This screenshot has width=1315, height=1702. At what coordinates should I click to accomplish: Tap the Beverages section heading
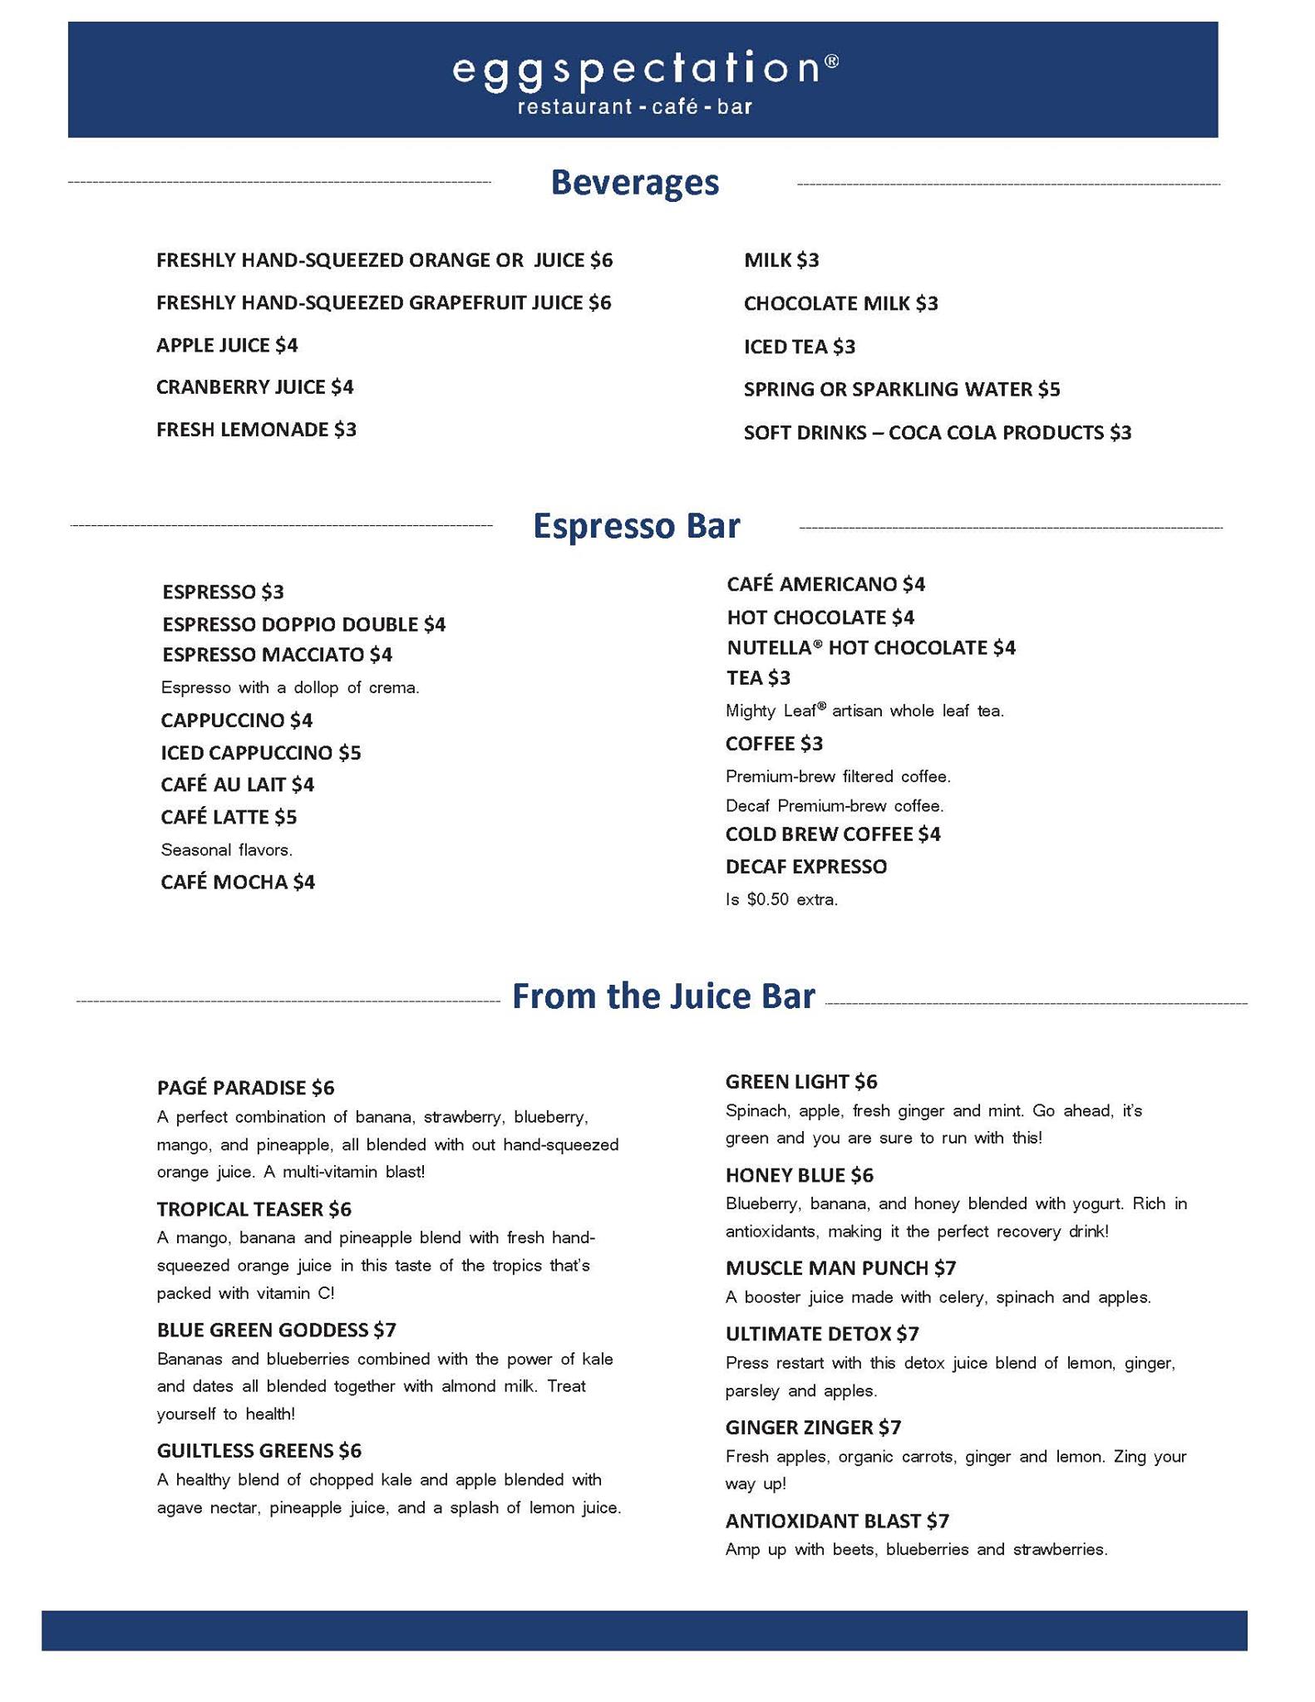634,183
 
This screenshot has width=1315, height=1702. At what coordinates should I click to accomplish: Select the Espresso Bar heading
636,526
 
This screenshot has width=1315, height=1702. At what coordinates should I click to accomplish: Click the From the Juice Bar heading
663,996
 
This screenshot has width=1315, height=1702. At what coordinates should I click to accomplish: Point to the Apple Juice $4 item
227,345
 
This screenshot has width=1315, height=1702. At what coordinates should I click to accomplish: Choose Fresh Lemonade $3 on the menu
256,430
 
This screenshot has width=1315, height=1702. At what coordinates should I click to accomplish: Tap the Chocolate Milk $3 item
840,303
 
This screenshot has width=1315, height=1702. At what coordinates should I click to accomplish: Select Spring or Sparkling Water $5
902,389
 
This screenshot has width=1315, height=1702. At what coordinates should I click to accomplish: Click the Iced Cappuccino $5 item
261,753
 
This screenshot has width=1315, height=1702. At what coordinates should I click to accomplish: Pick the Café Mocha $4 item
238,882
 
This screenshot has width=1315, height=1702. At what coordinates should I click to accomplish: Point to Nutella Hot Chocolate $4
871,647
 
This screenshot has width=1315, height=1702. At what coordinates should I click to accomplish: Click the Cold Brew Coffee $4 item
833,834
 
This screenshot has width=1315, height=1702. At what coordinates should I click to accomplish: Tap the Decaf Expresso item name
805,867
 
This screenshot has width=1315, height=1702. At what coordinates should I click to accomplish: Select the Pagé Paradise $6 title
245,1088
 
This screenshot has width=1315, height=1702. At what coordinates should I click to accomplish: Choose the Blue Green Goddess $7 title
277,1330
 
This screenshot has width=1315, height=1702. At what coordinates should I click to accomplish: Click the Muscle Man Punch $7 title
840,1268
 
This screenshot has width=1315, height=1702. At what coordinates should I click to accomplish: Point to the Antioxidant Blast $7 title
837,1521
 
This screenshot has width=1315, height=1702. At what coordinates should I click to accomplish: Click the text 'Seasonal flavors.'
226,850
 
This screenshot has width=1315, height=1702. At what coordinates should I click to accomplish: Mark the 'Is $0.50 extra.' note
781,899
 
